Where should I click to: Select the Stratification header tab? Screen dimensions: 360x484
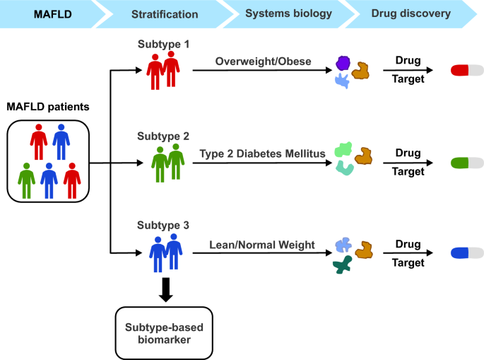point(164,13)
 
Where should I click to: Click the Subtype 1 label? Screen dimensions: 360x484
point(163,44)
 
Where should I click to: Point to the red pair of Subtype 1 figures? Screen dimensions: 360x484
point(163,71)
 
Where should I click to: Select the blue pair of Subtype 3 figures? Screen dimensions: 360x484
point(164,252)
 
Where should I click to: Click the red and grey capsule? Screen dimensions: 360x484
point(466,71)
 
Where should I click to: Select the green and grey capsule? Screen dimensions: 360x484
point(466,163)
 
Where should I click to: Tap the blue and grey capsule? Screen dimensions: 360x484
point(466,253)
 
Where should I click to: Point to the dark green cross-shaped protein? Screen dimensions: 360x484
point(344,267)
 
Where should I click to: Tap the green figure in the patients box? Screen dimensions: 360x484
point(27,180)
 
